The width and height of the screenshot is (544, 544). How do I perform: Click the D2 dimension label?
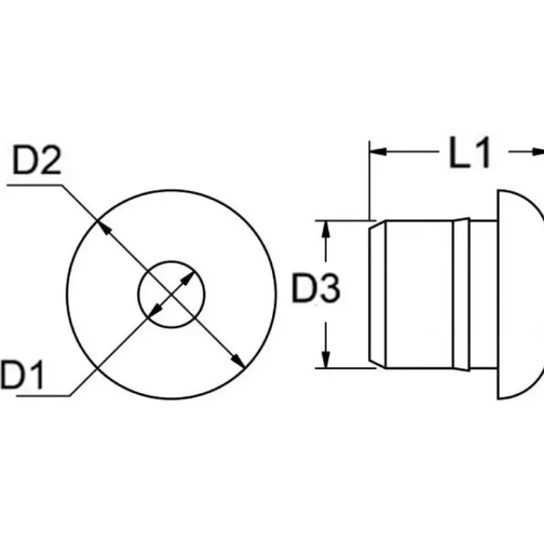(37, 160)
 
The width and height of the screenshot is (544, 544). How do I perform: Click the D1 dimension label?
(22, 375)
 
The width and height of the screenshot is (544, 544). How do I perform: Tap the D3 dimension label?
(316, 288)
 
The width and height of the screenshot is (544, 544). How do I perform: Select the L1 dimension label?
(469, 152)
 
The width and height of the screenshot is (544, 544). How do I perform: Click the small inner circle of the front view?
(171, 261)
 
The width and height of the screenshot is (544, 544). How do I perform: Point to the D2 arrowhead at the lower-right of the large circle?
(239, 361)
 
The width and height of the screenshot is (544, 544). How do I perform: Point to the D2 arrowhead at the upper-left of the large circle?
(103, 227)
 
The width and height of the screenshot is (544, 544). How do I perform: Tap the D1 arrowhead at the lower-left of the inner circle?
(156, 310)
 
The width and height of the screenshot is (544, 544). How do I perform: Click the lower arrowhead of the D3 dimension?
(326, 360)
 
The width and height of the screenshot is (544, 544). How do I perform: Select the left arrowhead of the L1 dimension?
(378, 152)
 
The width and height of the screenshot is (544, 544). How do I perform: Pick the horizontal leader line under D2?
(35, 185)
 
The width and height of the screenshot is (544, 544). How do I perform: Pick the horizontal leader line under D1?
(43, 395)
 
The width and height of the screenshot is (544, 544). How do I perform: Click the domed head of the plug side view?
(520, 294)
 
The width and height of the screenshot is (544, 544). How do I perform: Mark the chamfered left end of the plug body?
(377, 294)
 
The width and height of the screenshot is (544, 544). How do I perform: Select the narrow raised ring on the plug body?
(462, 294)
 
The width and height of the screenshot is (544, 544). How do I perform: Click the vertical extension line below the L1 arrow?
(370, 180)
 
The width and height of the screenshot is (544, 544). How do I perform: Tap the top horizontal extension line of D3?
(345, 220)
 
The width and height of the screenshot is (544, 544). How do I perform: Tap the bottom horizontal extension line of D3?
(345, 368)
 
